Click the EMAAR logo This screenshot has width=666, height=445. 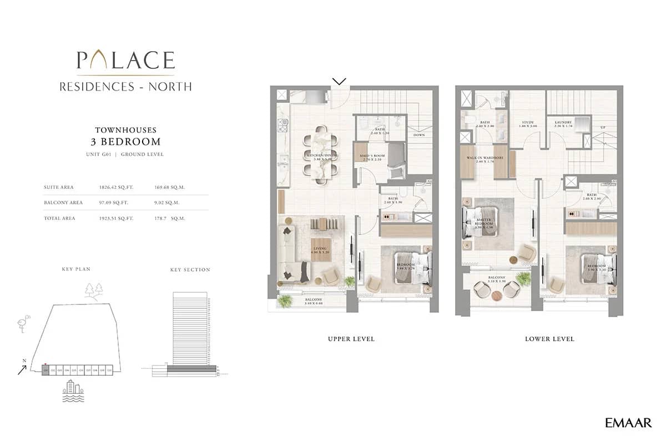coord(628,423)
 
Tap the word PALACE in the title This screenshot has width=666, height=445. coord(125,60)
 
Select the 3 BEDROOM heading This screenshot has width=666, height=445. coord(125,141)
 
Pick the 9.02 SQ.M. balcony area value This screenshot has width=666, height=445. coord(169,203)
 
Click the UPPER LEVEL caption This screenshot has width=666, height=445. coord(351,338)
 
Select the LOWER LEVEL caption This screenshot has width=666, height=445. coord(549,338)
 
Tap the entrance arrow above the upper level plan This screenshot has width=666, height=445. coord(339,81)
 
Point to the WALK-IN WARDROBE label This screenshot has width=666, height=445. coord(482,159)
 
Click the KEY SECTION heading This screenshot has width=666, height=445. coord(190,269)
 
